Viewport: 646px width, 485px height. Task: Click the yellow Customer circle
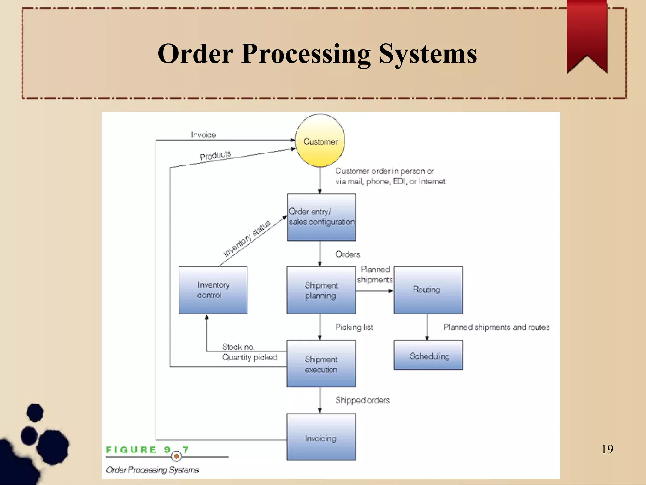pos(320,141)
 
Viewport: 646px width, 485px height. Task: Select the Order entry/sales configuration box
pos(321,217)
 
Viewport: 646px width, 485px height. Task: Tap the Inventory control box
pos(213,290)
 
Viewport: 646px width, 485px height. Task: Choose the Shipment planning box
pos(321,290)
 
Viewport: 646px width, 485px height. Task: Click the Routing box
pos(428,290)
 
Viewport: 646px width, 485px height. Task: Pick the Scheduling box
pos(428,355)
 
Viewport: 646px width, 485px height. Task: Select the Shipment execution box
pos(321,364)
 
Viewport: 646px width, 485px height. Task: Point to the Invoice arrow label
pos(203,135)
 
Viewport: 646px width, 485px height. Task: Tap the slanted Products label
pos(215,155)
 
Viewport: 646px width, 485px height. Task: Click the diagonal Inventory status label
pos(247,238)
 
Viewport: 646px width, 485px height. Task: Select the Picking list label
pos(354,327)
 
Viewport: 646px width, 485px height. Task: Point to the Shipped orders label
pos(362,400)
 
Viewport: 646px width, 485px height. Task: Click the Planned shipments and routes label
pos(496,327)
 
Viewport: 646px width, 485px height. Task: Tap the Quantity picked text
pos(250,357)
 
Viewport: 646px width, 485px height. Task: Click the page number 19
pos(607,449)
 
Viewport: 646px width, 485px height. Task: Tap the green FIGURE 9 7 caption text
pos(147,450)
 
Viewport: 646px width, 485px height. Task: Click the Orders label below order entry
pos(347,254)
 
